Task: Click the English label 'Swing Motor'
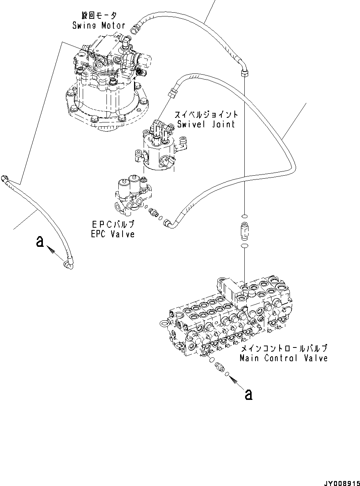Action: click(99, 26)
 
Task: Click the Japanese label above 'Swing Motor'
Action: click(99, 16)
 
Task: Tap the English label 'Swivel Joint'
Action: click(206, 124)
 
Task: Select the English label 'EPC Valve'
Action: click(113, 234)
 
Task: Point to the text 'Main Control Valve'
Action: click(283, 359)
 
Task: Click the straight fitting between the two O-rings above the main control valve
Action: click(244, 231)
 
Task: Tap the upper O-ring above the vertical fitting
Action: click(244, 217)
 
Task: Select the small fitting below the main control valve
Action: click(219, 366)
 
